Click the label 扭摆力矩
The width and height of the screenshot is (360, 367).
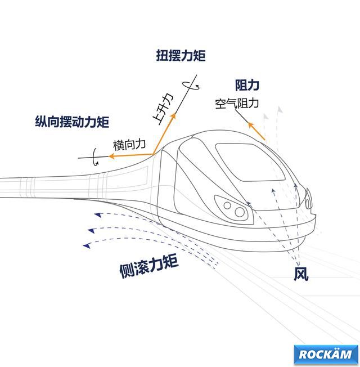click(x=181, y=56)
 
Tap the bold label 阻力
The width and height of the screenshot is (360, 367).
click(x=247, y=85)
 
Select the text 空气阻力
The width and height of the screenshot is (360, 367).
click(x=237, y=104)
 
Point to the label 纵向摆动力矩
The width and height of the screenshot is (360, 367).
click(x=71, y=121)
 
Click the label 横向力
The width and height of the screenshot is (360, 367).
click(x=129, y=145)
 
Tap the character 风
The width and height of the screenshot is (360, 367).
click(x=301, y=274)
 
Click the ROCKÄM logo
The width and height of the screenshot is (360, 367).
click(x=326, y=354)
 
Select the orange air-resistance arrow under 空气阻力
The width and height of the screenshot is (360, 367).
click(x=256, y=130)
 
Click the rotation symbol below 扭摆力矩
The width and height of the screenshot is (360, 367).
click(x=192, y=86)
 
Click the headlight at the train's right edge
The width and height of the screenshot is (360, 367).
click(x=308, y=198)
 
